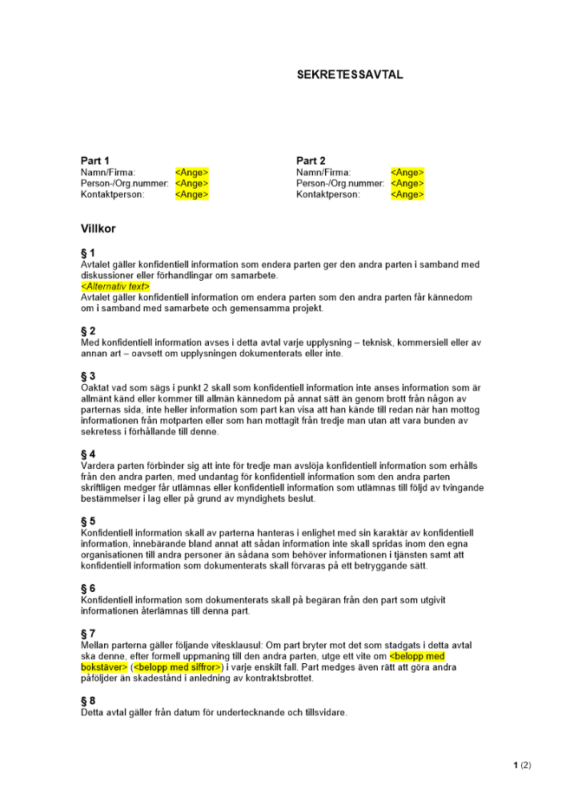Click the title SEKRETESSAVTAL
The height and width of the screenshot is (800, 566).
[x=350, y=74]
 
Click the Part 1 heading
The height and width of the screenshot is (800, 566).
[x=95, y=161]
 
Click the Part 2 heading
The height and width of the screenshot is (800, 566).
[x=311, y=161]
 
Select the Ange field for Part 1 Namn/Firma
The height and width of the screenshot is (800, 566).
[x=191, y=172]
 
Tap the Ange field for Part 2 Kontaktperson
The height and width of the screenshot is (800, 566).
[x=407, y=194]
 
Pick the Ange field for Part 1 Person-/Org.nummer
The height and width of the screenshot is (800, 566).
[x=191, y=183]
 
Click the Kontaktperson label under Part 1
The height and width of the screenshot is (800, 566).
[x=112, y=194]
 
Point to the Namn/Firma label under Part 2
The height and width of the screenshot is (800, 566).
[x=323, y=172]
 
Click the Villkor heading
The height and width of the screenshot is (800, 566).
[x=98, y=229]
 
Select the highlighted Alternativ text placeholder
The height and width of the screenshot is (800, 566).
[x=115, y=286]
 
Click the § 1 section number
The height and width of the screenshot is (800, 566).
[x=88, y=254]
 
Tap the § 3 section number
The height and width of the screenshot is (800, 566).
[x=88, y=376]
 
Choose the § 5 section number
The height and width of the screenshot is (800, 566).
[x=88, y=521]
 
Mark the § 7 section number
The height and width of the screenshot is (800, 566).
[x=88, y=634]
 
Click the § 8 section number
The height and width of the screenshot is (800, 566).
[x=88, y=701]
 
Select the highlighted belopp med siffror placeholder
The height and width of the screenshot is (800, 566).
[x=178, y=667]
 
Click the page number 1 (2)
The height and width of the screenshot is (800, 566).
[x=522, y=766]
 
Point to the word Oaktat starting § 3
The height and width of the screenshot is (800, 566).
[x=96, y=387]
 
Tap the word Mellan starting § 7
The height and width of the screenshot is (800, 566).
[x=97, y=645]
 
